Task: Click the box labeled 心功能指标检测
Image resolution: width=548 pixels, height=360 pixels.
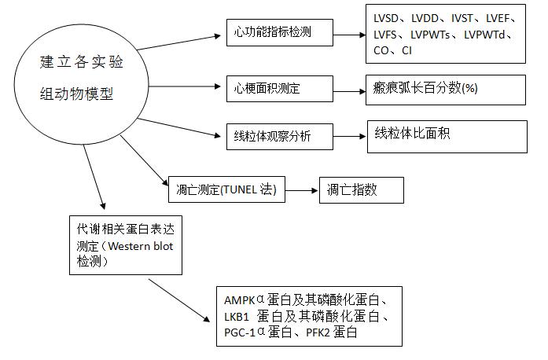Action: (x=280, y=32)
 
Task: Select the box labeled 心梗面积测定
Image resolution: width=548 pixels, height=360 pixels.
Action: (x=280, y=89)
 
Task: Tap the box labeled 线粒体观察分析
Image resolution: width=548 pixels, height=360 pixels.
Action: (x=280, y=137)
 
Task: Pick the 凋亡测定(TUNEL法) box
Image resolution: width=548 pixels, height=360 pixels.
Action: (x=226, y=189)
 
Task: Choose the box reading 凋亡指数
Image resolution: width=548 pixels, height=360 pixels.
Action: (x=362, y=190)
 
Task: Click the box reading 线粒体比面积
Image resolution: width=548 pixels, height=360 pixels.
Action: (x=447, y=137)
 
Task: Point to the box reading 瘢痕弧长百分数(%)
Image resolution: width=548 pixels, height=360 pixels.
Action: (x=446, y=90)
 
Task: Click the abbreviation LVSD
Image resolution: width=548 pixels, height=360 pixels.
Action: (x=386, y=19)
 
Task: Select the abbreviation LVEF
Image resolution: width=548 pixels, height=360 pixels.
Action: (x=498, y=19)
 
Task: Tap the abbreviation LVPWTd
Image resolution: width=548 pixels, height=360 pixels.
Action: (x=484, y=35)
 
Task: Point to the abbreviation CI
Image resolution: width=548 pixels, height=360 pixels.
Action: (x=406, y=51)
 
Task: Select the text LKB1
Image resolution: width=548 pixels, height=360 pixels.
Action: (x=236, y=317)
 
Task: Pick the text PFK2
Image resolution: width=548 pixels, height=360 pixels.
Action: (x=318, y=332)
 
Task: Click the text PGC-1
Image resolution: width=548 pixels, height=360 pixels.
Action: (x=240, y=332)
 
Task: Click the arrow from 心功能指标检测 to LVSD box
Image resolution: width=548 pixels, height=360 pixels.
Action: (x=350, y=35)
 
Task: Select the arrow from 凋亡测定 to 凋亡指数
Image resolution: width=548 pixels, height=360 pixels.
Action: (x=302, y=190)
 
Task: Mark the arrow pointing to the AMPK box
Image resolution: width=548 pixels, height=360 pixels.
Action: (x=179, y=300)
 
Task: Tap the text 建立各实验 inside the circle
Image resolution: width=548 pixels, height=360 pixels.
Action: (x=82, y=62)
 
